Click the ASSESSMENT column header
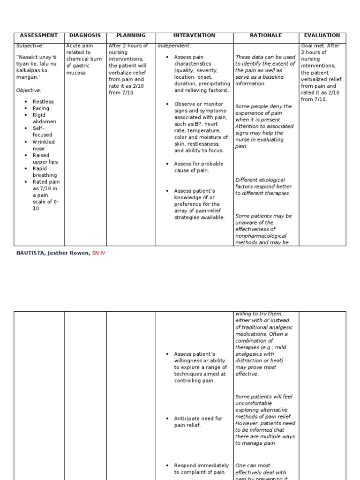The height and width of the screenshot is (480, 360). [x=39, y=36]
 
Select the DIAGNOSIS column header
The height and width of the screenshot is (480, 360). [x=85, y=36]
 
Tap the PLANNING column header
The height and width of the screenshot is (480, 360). [x=131, y=36]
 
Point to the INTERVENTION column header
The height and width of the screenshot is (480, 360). [x=194, y=36]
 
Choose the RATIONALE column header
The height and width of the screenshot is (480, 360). [x=266, y=36]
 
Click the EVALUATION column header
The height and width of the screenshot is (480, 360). [x=322, y=36]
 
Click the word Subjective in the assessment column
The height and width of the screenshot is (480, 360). [x=30, y=46]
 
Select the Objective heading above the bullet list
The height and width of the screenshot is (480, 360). [x=29, y=90]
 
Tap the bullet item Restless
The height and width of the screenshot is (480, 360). [x=43, y=102]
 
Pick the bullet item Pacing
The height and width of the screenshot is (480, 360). [x=41, y=108]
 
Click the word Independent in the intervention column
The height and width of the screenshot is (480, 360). [x=174, y=46]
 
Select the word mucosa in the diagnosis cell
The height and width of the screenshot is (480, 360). [x=76, y=73]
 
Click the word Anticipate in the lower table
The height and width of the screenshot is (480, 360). [x=187, y=419]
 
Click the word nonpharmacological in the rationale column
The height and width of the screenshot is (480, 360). [x=261, y=236]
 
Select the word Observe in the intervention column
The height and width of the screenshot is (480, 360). [x=185, y=104]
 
